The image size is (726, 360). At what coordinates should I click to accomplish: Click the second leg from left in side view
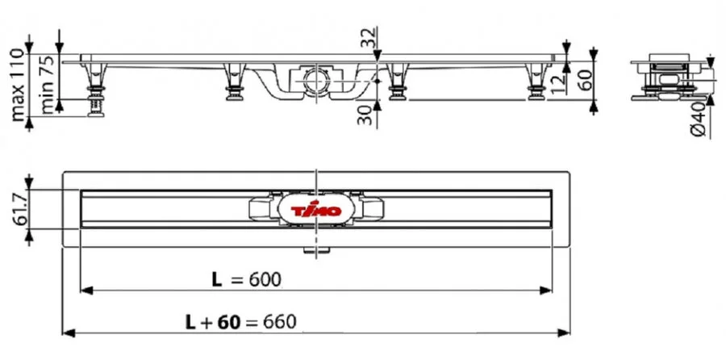233,82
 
